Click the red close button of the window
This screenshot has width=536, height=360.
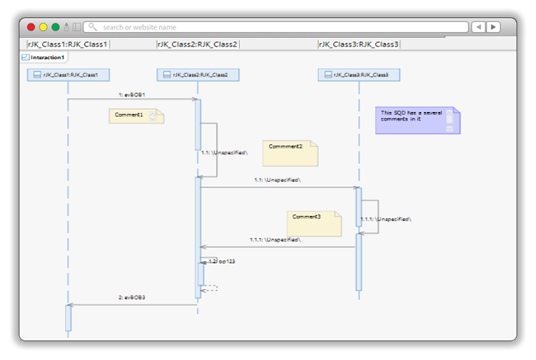coord(31,27)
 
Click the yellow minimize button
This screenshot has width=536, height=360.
coord(43,27)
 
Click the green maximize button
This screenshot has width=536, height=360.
coord(55,27)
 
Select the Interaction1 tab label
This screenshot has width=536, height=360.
coord(47,58)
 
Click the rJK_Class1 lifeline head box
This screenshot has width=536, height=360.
coord(68,75)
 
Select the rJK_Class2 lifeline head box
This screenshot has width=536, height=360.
coord(198,75)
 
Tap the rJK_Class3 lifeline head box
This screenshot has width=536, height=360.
coord(358,75)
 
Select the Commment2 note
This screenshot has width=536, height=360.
coord(289,154)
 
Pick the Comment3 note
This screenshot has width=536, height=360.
coord(314,224)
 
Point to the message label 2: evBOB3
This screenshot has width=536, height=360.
coord(131,296)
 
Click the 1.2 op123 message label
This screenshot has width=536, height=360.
coord(222,261)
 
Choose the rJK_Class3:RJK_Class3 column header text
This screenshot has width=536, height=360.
coord(358,44)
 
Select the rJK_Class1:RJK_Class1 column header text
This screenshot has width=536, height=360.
coord(67,44)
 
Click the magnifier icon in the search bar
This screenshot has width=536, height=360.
coord(92,27)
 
